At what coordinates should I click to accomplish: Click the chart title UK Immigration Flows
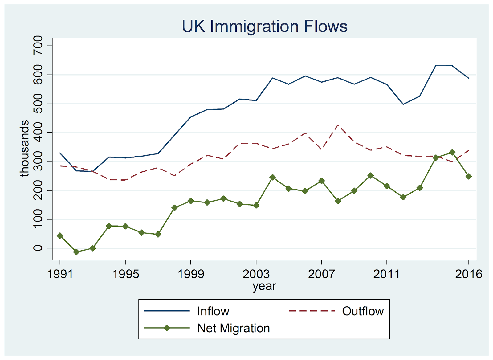click(264, 26)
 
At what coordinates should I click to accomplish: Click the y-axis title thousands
click(24, 148)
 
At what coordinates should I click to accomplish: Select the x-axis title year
click(264, 286)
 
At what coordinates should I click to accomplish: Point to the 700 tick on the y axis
click(38, 46)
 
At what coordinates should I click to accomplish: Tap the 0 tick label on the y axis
click(38, 248)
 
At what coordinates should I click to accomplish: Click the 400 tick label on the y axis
click(38, 133)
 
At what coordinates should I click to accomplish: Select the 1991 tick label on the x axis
click(60, 274)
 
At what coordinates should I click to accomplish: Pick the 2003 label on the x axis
click(256, 274)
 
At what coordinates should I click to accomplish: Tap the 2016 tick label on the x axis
click(468, 274)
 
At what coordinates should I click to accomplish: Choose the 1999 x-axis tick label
click(191, 274)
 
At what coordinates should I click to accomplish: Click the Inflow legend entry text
click(213, 311)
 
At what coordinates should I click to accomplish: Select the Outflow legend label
click(363, 311)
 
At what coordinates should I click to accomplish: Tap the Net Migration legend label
click(233, 328)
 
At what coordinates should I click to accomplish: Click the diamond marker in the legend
click(167, 328)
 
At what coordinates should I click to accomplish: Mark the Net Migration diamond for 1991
click(60, 235)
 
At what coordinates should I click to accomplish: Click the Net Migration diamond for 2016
click(469, 176)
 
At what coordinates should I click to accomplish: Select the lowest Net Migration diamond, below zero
click(76, 252)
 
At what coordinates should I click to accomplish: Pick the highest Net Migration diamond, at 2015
click(452, 152)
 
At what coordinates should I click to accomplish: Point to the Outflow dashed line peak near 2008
click(338, 125)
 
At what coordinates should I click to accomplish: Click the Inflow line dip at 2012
click(403, 104)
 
